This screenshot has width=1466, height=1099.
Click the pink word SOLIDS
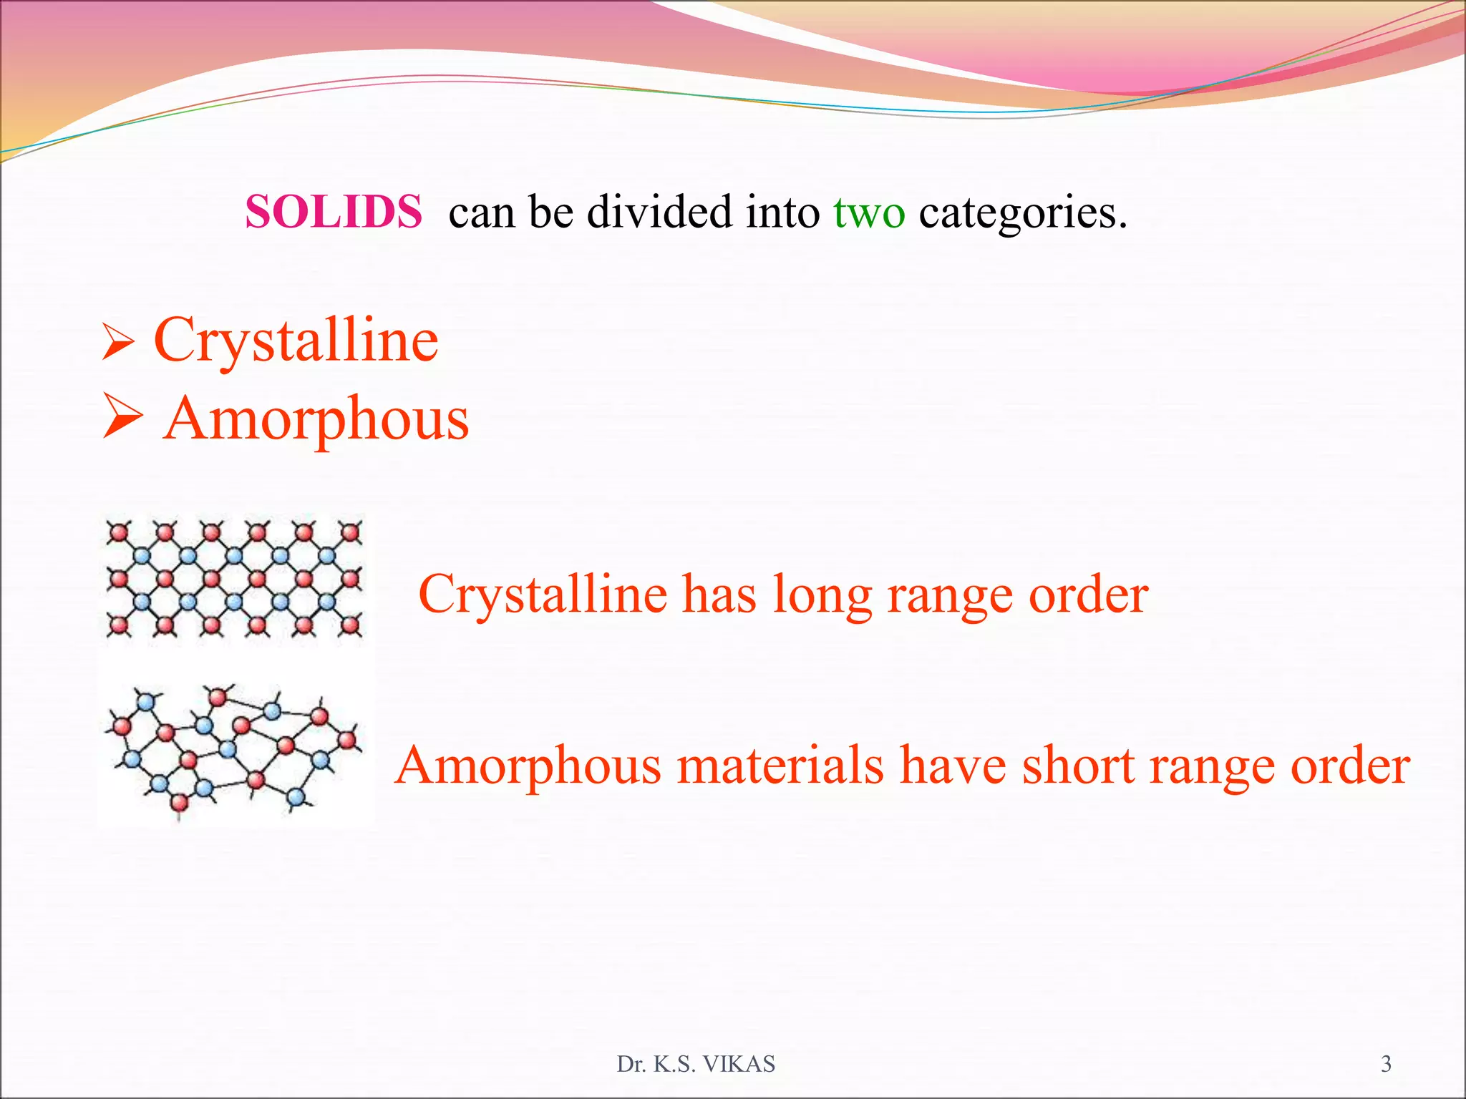334,212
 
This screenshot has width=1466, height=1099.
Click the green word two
869,213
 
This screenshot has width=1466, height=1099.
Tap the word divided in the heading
659,212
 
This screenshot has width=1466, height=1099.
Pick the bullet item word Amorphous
316,419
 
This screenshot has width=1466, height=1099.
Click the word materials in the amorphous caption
780,765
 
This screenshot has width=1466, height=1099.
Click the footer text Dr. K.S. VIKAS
696,1064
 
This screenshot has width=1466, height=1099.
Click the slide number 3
1386,1064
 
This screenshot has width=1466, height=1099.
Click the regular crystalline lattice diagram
234,578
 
